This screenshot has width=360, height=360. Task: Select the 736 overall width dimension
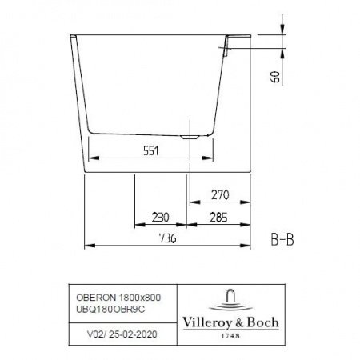[x=166, y=237]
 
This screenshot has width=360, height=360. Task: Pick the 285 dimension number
[x=218, y=218]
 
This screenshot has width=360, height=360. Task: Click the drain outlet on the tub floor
[x=189, y=136]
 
